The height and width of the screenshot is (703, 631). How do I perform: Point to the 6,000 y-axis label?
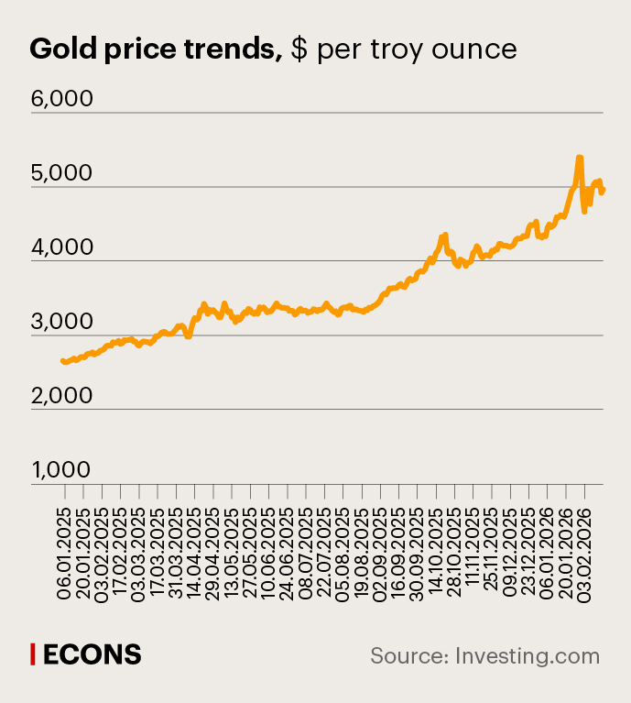click(x=62, y=98)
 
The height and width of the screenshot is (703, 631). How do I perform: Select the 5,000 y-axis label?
click(x=62, y=172)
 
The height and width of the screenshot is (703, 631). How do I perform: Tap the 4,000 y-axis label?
click(x=62, y=247)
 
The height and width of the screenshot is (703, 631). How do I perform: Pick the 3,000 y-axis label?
click(x=62, y=321)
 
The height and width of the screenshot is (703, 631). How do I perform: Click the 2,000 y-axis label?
click(x=62, y=395)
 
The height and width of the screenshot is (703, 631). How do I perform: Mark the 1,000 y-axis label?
click(x=62, y=469)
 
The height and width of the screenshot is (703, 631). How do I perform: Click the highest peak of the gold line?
click(x=579, y=158)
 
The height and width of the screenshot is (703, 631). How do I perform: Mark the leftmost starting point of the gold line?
click(x=62, y=361)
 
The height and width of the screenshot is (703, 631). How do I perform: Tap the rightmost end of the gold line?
click(x=603, y=190)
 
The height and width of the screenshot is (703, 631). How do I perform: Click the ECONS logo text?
click(x=92, y=654)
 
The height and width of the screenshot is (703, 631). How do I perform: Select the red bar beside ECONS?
click(x=33, y=654)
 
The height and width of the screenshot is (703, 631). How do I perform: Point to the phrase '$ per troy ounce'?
click(x=404, y=49)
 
